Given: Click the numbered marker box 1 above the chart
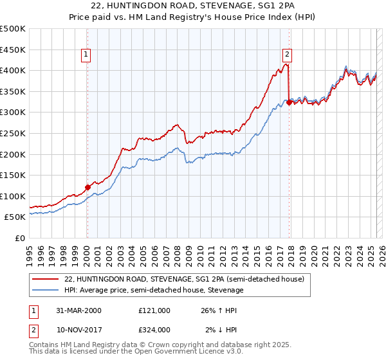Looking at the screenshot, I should (86, 55).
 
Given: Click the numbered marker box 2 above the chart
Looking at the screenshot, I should (287, 55).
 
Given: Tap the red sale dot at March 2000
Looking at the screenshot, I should (87, 187).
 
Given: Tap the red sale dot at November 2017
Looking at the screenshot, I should (289, 102).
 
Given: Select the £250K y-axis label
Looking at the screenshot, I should (13, 133).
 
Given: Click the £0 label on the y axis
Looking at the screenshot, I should (20, 238).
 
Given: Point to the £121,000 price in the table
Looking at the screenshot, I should (154, 310).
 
